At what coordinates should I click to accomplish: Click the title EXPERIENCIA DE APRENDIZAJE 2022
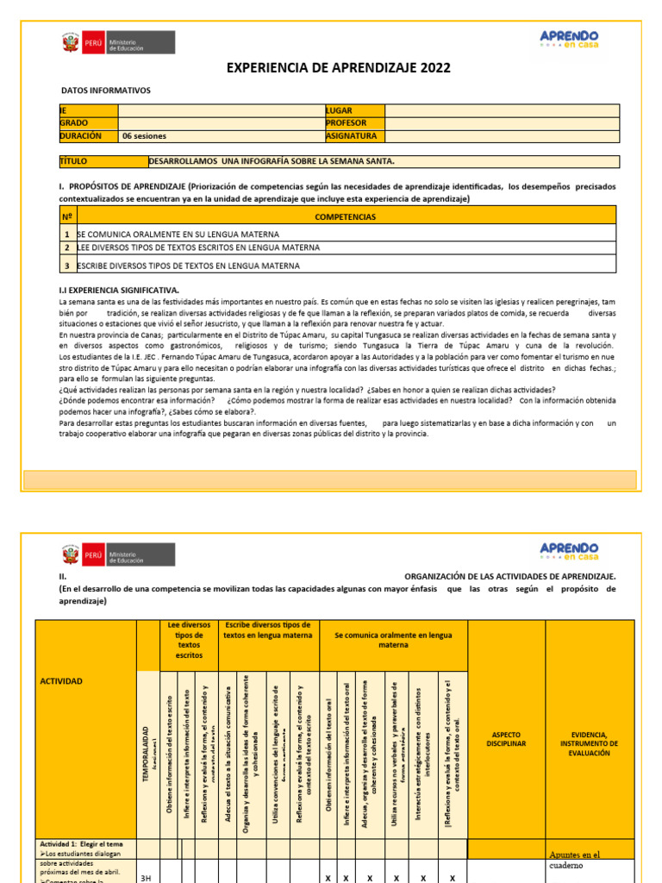338,68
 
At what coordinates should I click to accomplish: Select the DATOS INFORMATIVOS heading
105,91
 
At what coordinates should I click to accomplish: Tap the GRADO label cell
74,123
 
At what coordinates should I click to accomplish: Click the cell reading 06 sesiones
144,136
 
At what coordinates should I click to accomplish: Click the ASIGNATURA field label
352,136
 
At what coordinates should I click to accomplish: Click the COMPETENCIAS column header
345,216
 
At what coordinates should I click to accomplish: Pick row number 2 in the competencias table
66,248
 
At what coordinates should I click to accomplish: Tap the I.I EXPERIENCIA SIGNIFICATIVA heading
119,291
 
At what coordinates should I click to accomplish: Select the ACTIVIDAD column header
61,681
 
